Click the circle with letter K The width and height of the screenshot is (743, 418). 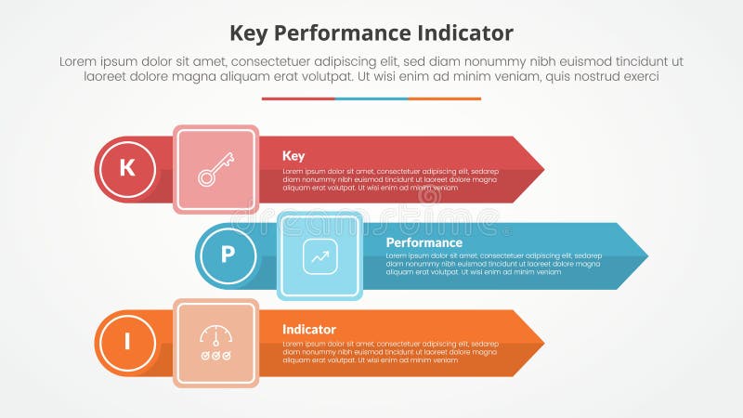127,169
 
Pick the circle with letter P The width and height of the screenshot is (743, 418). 228,255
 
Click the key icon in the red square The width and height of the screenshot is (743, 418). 215,169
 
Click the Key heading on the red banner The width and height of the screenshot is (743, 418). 293,156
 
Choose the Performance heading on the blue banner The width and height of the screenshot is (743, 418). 424,242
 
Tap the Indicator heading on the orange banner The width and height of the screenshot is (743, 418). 309,330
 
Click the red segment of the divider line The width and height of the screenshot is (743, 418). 298,98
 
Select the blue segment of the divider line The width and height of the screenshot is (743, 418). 371,98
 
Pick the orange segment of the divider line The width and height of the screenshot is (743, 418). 445,98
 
